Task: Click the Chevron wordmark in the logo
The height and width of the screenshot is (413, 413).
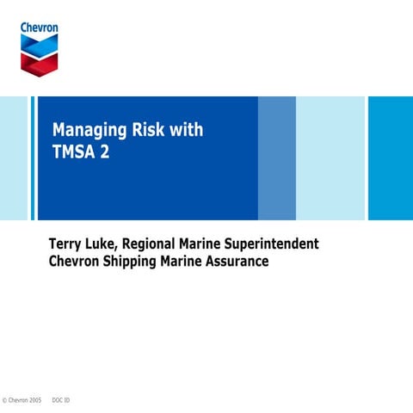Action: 40,28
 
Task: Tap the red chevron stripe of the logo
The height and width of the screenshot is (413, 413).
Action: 40,62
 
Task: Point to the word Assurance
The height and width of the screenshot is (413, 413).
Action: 236,262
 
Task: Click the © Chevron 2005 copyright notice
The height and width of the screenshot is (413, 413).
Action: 22,401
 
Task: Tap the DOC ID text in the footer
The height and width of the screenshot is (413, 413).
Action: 61,401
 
